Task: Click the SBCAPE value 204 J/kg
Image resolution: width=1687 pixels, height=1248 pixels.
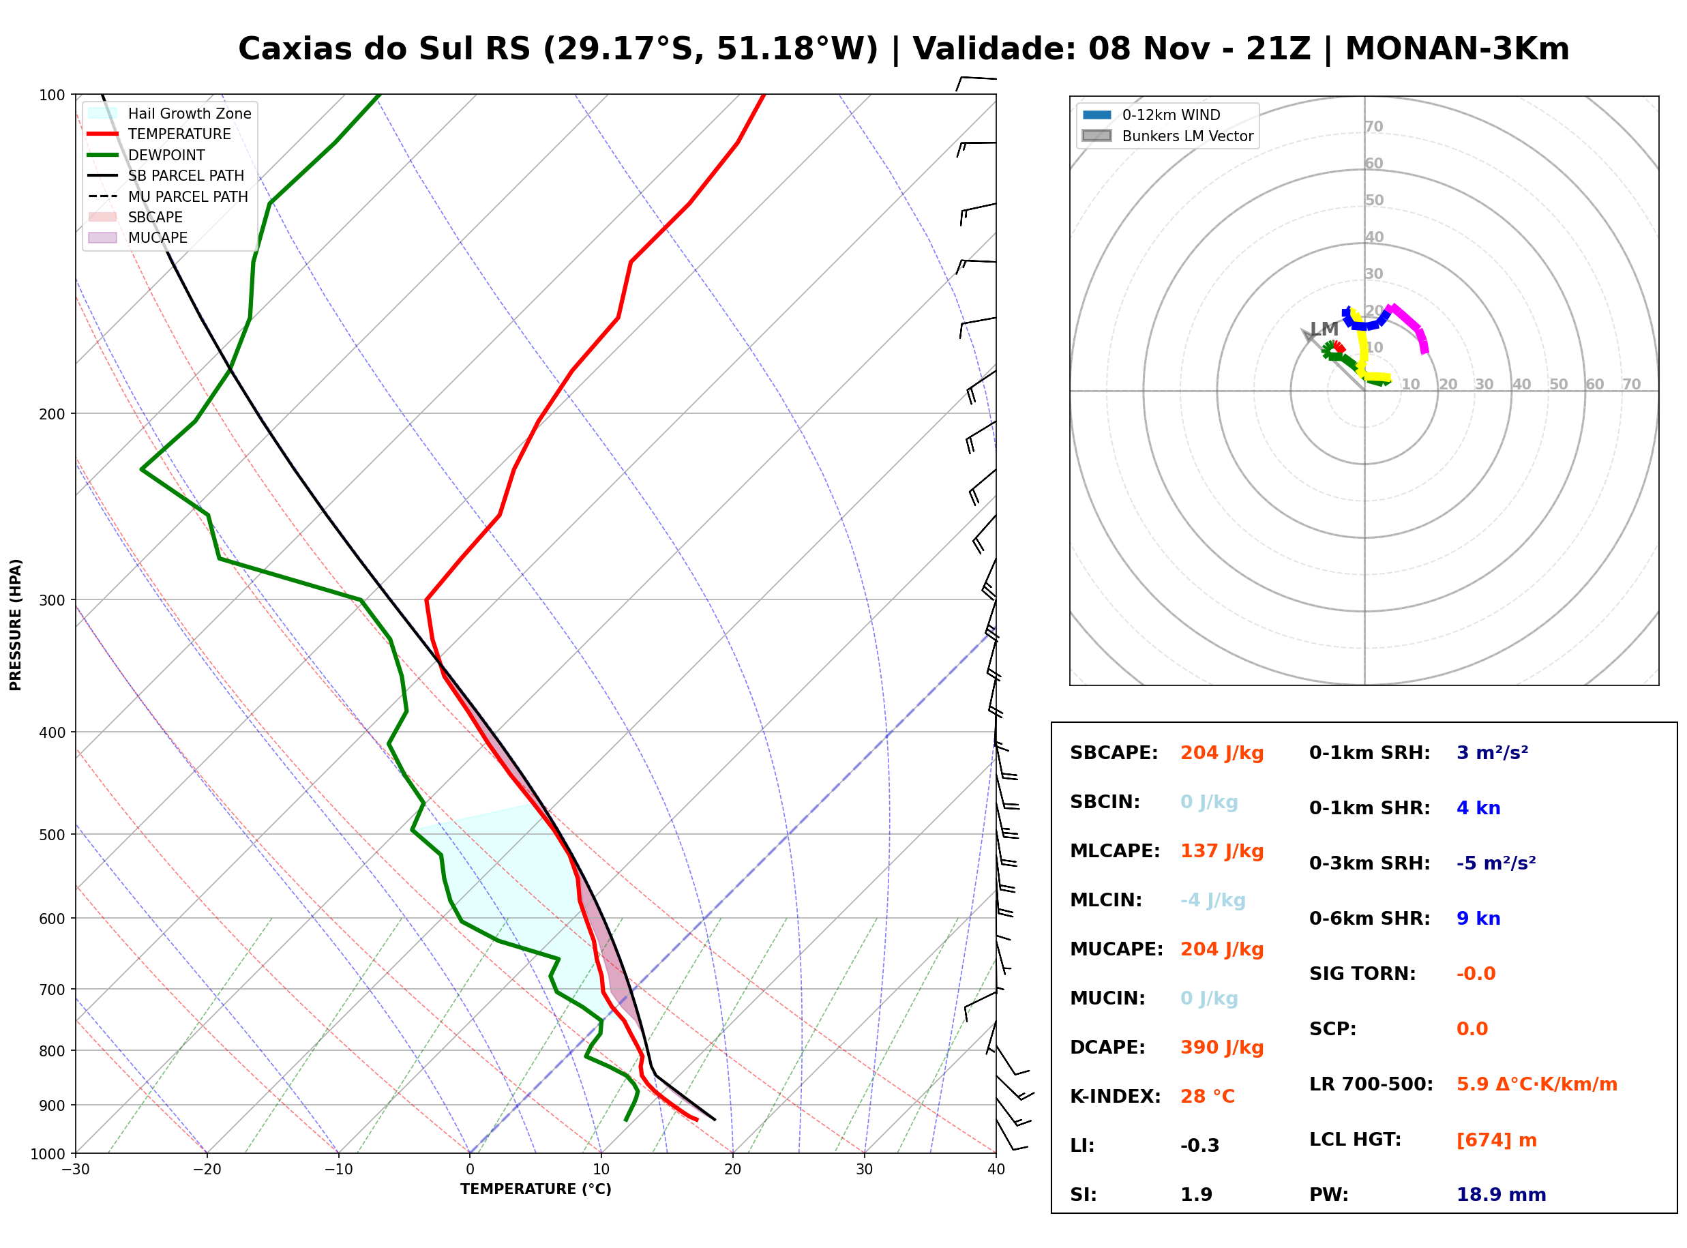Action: click(x=1222, y=753)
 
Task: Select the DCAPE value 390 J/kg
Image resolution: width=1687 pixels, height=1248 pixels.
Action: click(x=1222, y=1048)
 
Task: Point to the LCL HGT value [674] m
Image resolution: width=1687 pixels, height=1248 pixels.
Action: click(x=1496, y=1140)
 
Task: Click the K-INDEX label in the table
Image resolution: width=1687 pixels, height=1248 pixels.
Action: click(x=1115, y=1097)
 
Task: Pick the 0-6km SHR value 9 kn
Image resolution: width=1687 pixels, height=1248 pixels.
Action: click(x=1478, y=919)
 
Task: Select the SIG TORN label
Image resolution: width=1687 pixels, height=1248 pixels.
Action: click(x=1362, y=974)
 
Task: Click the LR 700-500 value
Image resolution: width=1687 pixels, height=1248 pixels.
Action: click(x=1537, y=1085)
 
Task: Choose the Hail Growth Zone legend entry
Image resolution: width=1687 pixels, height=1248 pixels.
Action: click(x=169, y=113)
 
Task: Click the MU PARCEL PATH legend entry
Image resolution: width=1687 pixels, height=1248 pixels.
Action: click(x=168, y=196)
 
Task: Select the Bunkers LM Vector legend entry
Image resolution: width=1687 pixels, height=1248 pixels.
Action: click(x=1167, y=136)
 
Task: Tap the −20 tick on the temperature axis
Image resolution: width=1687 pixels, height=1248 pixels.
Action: click(x=206, y=1170)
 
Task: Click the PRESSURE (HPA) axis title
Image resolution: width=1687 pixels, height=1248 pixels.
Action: click(x=16, y=625)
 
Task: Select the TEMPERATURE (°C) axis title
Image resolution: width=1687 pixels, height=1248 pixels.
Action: click(x=535, y=1189)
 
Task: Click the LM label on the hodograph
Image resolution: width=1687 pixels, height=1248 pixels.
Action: click(x=1324, y=329)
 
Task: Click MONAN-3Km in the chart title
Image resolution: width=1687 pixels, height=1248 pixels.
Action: click(x=1457, y=49)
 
